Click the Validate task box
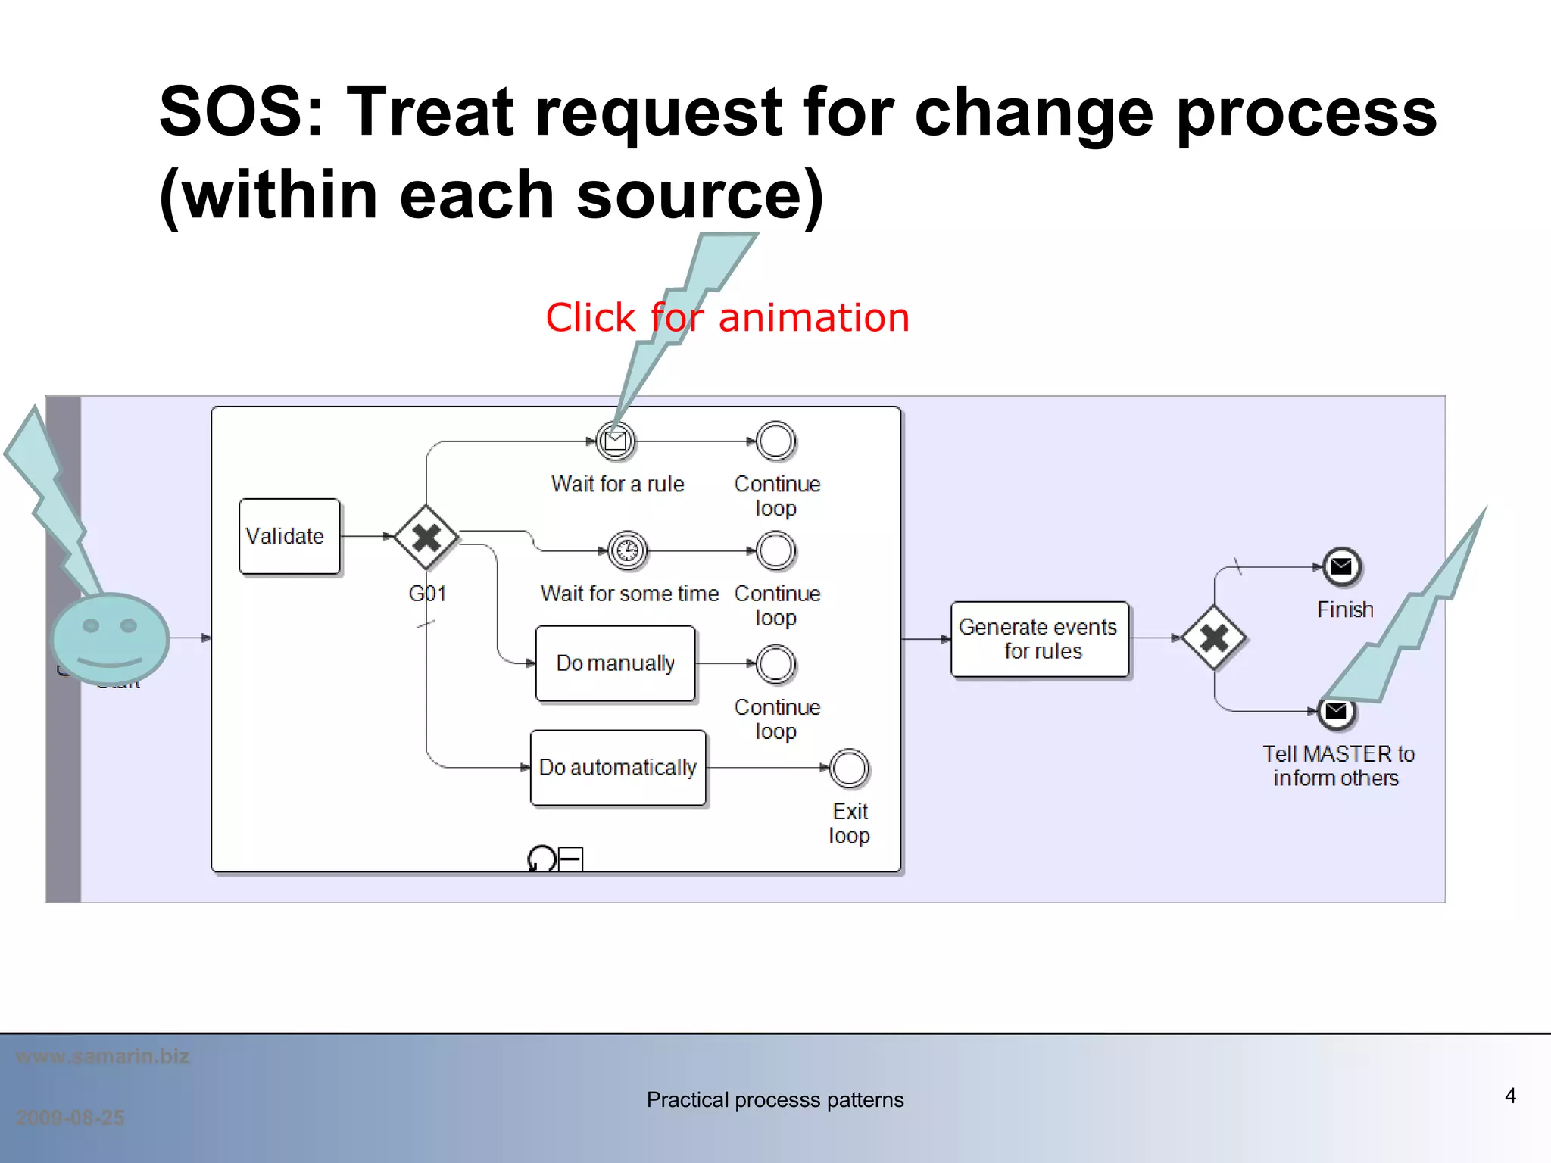click(289, 536)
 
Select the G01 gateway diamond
click(426, 537)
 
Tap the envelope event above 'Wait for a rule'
click(616, 441)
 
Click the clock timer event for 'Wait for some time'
click(627, 550)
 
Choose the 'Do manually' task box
click(615, 663)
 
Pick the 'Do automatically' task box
click(618, 768)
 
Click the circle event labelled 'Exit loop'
click(849, 769)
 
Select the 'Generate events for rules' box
click(1039, 639)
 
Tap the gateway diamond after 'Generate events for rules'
click(1214, 638)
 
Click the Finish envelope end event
click(1341, 566)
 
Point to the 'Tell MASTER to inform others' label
click(1337, 765)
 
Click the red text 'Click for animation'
click(727, 317)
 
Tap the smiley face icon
click(111, 638)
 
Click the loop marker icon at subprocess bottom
click(541, 859)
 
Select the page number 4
click(1509, 1096)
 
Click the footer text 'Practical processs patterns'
click(775, 1099)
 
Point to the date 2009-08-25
click(70, 1118)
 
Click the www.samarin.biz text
click(103, 1056)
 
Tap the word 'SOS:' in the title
click(242, 111)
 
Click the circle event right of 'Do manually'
click(775, 664)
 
